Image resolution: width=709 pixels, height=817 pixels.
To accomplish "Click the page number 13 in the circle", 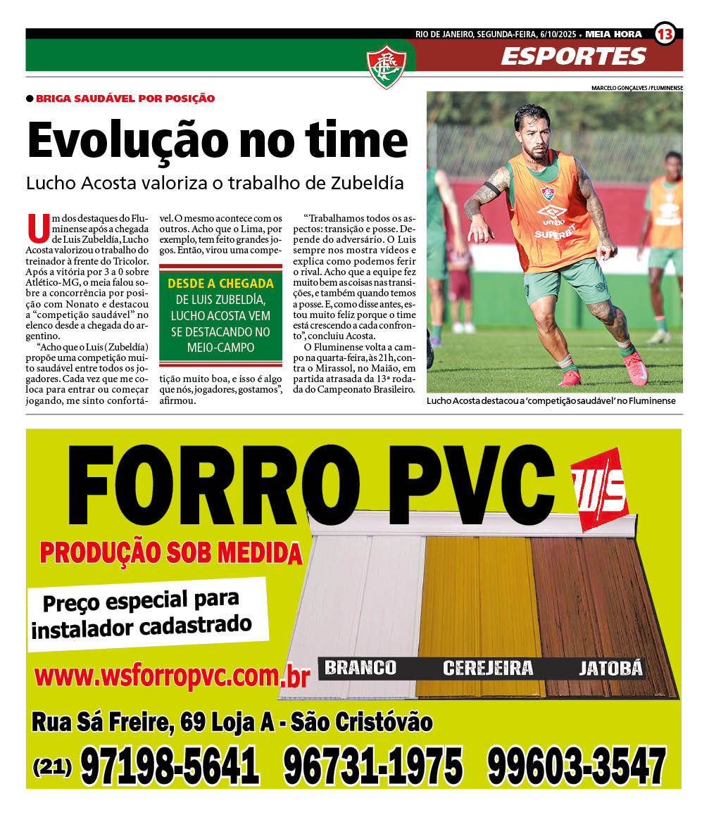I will tap(665, 33).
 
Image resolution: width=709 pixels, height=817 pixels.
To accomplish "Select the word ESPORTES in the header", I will tap(573, 56).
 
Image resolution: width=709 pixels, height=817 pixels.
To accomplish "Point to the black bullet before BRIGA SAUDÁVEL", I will tap(30, 99).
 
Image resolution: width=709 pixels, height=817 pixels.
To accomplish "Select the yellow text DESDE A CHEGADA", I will tap(220, 284).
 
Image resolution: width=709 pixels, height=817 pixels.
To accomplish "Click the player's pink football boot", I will tap(636, 368).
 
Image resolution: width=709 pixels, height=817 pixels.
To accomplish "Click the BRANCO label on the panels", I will tap(360, 667).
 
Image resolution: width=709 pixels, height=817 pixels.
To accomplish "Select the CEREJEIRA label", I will tap(487, 668).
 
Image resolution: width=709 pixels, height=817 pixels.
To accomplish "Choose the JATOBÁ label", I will tap(610, 668).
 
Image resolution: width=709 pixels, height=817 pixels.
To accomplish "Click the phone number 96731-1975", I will tap(373, 766).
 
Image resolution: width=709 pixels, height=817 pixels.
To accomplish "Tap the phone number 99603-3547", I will tap(576, 766).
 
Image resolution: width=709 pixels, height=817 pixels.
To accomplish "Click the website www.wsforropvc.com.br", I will tap(172, 677).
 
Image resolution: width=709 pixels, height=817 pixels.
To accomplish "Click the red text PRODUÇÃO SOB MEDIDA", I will tap(170, 553).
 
